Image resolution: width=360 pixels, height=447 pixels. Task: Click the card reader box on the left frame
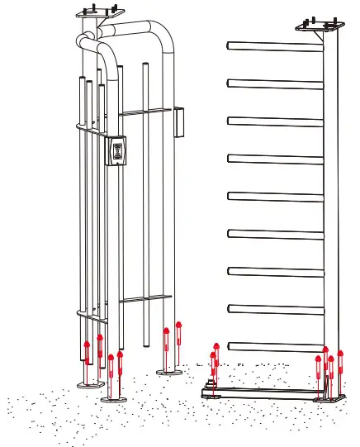coord(120,151)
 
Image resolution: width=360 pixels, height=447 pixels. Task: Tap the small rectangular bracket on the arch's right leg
coord(178,122)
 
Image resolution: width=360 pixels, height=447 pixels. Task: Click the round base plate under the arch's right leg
coord(170,373)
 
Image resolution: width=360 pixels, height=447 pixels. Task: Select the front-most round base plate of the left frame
coord(114,398)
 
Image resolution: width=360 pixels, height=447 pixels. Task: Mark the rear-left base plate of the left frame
coord(86,384)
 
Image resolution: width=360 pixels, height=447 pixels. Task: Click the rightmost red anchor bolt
coord(339,364)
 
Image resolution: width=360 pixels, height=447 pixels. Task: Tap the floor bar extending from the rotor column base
coord(264,392)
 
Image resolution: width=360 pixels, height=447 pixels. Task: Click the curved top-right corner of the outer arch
coord(167,38)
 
